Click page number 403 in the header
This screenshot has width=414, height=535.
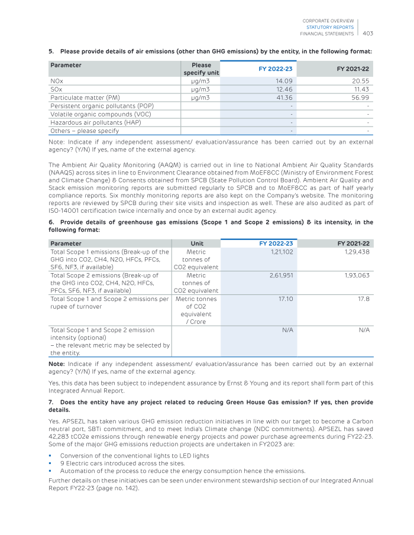367,33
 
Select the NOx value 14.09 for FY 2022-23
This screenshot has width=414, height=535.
284,80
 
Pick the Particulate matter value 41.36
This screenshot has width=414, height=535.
284,97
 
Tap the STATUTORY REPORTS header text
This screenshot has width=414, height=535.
330,27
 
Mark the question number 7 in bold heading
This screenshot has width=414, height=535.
50,402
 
